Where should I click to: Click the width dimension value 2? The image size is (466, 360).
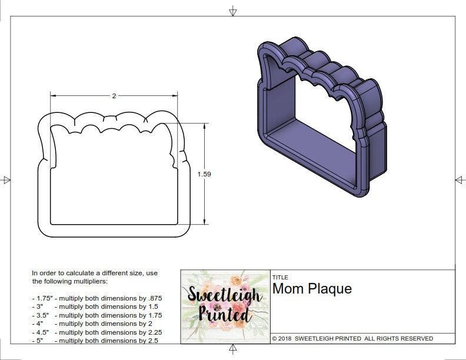pos(114,96)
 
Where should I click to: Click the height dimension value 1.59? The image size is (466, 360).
pos(204,174)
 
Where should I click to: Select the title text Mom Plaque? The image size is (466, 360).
pos(312,289)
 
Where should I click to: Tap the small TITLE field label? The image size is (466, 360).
pos(279,277)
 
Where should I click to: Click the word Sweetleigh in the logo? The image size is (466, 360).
pos(225,295)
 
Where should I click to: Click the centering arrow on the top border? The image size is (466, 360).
pos(233,11)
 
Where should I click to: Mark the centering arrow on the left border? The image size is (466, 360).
pos(6,180)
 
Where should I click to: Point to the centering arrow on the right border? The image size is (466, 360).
pos(460,180)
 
